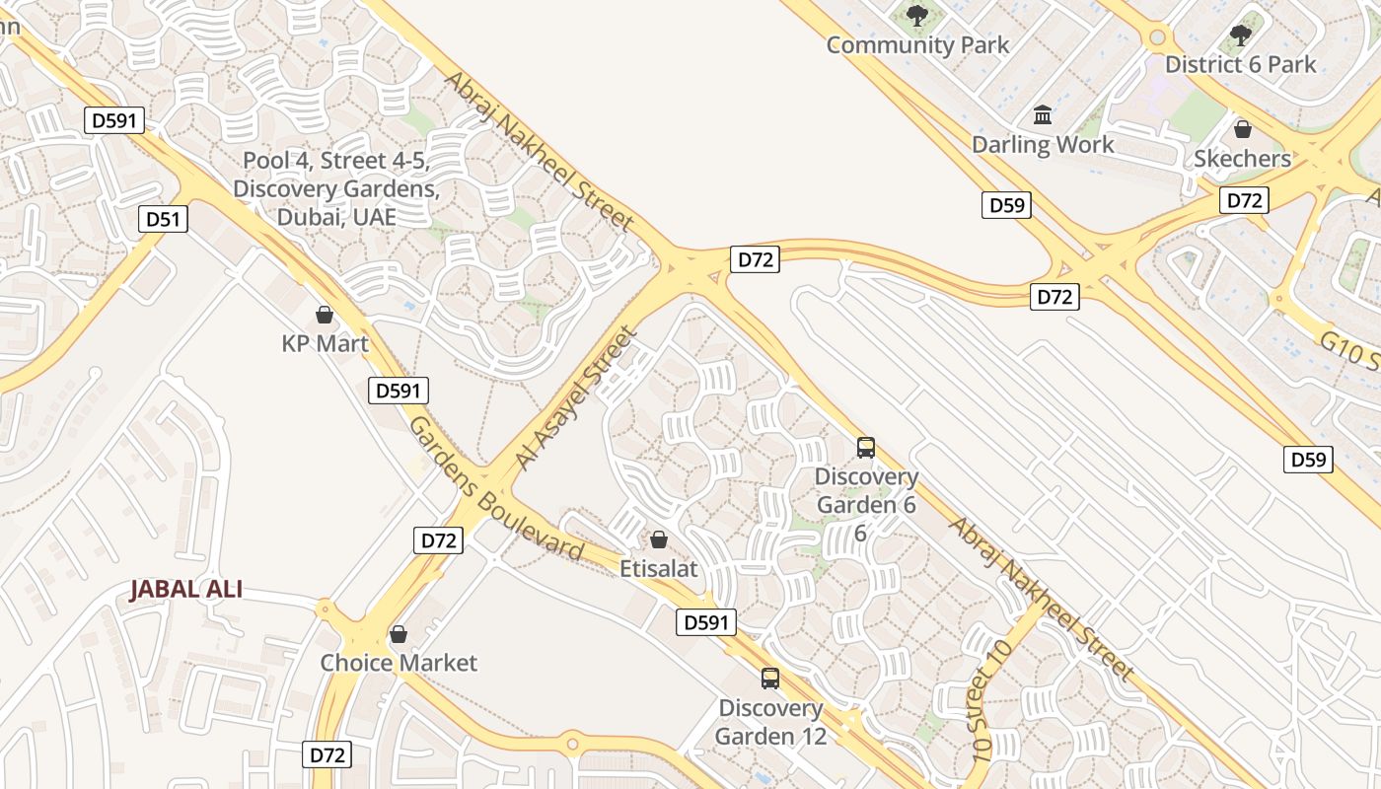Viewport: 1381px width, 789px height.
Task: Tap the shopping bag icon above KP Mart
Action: point(324,316)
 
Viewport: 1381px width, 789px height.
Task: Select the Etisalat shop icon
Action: point(659,540)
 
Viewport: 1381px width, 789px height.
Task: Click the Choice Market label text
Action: point(399,663)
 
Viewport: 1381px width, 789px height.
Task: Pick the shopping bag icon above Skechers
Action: point(1242,129)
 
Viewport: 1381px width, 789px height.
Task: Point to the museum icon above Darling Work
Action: point(1043,115)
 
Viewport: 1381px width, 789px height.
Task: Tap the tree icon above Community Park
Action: point(917,16)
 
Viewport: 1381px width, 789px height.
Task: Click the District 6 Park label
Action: point(1240,65)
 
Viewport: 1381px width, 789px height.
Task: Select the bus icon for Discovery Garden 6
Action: point(866,448)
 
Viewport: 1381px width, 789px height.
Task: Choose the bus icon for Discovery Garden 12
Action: point(770,679)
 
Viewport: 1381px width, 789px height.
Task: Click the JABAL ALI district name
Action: point(186,590)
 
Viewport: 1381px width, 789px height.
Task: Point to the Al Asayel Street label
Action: point(574,399)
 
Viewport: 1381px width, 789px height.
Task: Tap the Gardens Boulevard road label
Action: point(495,488)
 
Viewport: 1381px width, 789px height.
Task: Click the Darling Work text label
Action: point(1043,145)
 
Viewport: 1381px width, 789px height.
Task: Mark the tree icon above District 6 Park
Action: point(1241,36)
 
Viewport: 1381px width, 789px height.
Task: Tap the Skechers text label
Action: point(1242,159)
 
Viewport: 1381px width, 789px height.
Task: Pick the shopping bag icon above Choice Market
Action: point(399,634)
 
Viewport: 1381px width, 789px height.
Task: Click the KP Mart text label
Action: point(325,344)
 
